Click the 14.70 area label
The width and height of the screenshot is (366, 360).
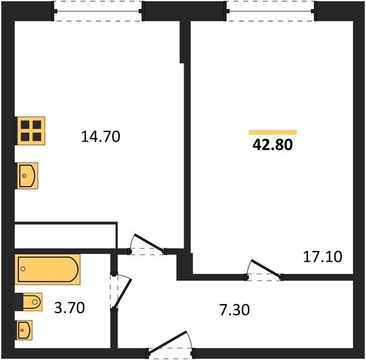coord(101,137)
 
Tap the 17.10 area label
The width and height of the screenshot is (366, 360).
coord(322,257)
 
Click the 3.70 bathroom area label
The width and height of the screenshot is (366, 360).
coord(69,308)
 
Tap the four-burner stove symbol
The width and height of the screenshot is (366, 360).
coord(31,130)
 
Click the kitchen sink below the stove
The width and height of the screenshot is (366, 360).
coord(28,176)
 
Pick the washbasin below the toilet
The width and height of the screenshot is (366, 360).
coord(25,329)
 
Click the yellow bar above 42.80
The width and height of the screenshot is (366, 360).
coord(272,132)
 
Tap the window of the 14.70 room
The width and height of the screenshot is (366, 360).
coord(98,11)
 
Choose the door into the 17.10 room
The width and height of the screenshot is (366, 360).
coord(265,271)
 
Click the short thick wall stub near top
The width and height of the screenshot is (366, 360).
coord(182,43)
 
